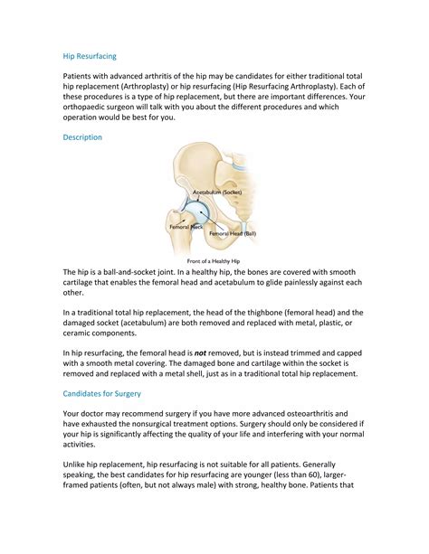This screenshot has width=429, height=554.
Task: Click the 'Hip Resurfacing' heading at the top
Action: tap(90, 55)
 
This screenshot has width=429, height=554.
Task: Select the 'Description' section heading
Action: tap(82, 137)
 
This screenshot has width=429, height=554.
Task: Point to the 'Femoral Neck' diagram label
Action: tap(186, 227)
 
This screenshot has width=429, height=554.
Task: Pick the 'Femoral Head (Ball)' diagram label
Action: tap(233, 233)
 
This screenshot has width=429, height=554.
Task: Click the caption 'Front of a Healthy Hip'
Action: tap(214, 261)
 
